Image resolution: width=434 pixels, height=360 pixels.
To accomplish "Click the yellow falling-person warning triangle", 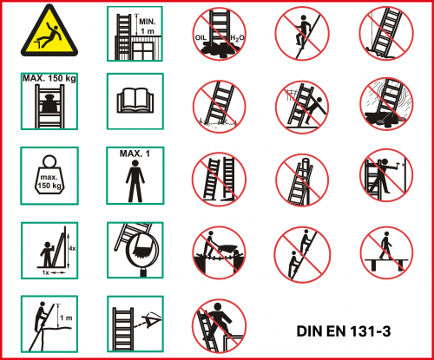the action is click(49, 32).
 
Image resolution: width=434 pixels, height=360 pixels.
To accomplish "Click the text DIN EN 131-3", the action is click(344, 331).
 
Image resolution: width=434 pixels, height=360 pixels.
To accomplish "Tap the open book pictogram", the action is click(135, 101).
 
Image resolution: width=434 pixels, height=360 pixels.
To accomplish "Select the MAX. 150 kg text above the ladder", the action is click(49, 79).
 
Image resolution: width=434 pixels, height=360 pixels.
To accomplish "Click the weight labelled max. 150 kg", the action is click(49, 174).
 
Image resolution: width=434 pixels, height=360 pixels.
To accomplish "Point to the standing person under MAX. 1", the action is click(135, 181).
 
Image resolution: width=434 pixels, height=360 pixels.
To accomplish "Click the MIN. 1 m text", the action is click(148, 26).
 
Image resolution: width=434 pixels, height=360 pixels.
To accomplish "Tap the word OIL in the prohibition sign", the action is click(201, 38).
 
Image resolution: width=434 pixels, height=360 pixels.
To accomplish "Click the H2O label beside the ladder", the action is click(237, 38).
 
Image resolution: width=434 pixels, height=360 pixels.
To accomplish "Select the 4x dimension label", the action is click(72, 248).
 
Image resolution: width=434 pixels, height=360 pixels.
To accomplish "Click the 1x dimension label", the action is click(46, 272).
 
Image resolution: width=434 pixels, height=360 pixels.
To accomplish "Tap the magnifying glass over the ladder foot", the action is click(142, 251).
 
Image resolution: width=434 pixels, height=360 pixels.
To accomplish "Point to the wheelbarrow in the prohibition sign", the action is click(227, 249).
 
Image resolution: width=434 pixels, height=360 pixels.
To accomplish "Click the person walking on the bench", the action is click(385, 245).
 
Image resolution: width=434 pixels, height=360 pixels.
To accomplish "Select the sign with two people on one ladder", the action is click(302, 253).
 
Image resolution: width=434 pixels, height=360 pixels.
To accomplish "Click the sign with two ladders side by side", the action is click(220, 180).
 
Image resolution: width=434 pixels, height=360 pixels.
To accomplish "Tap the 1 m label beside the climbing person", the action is click(66, 317).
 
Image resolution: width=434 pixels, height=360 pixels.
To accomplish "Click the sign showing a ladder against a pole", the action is click(302, 180).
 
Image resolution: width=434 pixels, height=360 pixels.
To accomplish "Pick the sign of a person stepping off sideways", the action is click(219, 326).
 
